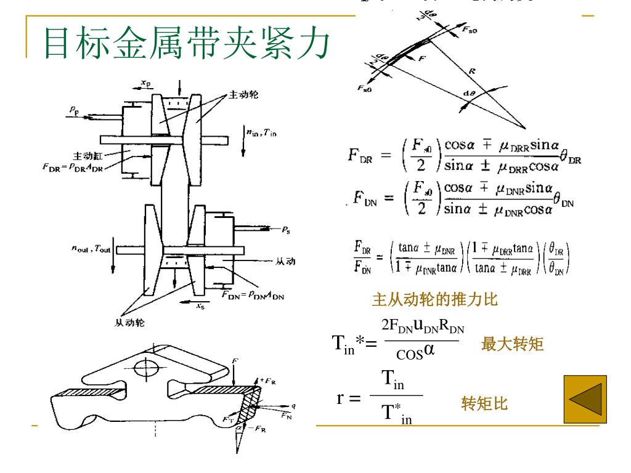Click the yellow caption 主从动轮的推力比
pos(434,300)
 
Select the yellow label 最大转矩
pos(512,344)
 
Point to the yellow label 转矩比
pos(484,404)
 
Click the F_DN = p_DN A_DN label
pos(253,294)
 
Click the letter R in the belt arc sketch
pos(472,71)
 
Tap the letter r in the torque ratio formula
pos(340,398)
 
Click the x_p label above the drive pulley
pos(146,81)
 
